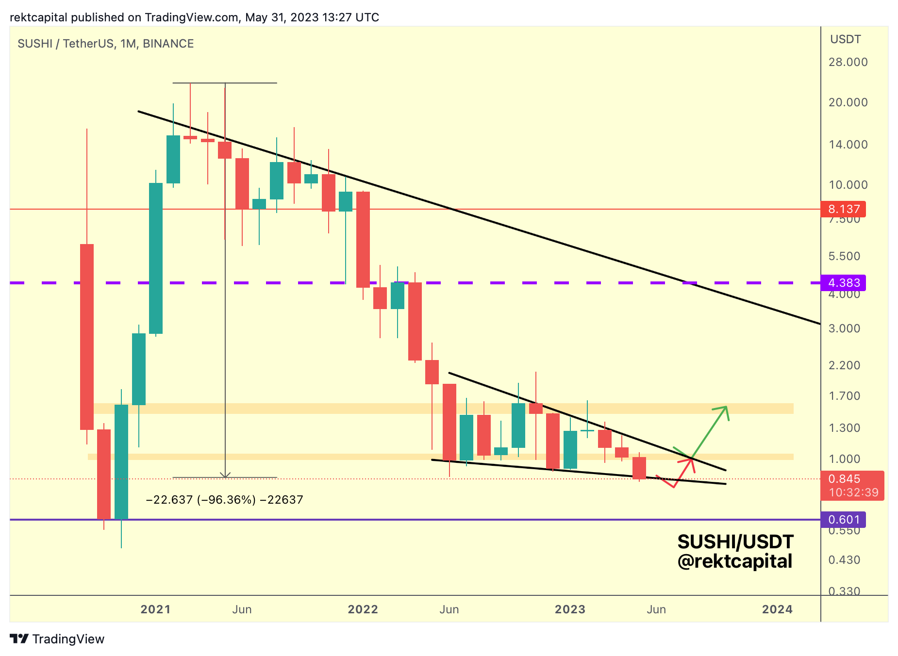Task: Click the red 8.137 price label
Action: (x=844, y=209)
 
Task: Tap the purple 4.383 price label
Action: (x=844, y=283)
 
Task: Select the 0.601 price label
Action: (x=844, y=520)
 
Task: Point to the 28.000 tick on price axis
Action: (x=848, y=62)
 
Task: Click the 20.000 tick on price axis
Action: (x=848, y=102)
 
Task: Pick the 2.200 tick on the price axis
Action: (x=844, y=365)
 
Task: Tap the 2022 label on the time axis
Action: (x=363, y=609)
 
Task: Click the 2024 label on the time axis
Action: (x=777, y=609)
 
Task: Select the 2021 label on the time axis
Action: (x=155, y=609)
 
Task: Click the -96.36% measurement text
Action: (x=224, y=500)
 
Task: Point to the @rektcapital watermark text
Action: (x=734, y=561)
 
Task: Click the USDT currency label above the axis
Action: (x=845, y=39)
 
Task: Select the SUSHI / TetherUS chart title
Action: (x=105, y=44)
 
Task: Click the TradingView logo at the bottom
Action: (x=57, y=639)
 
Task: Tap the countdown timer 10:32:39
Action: (x=853, y=493)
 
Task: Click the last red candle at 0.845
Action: (x=639, y=468)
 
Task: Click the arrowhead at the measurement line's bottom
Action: (x=225, y=476)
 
